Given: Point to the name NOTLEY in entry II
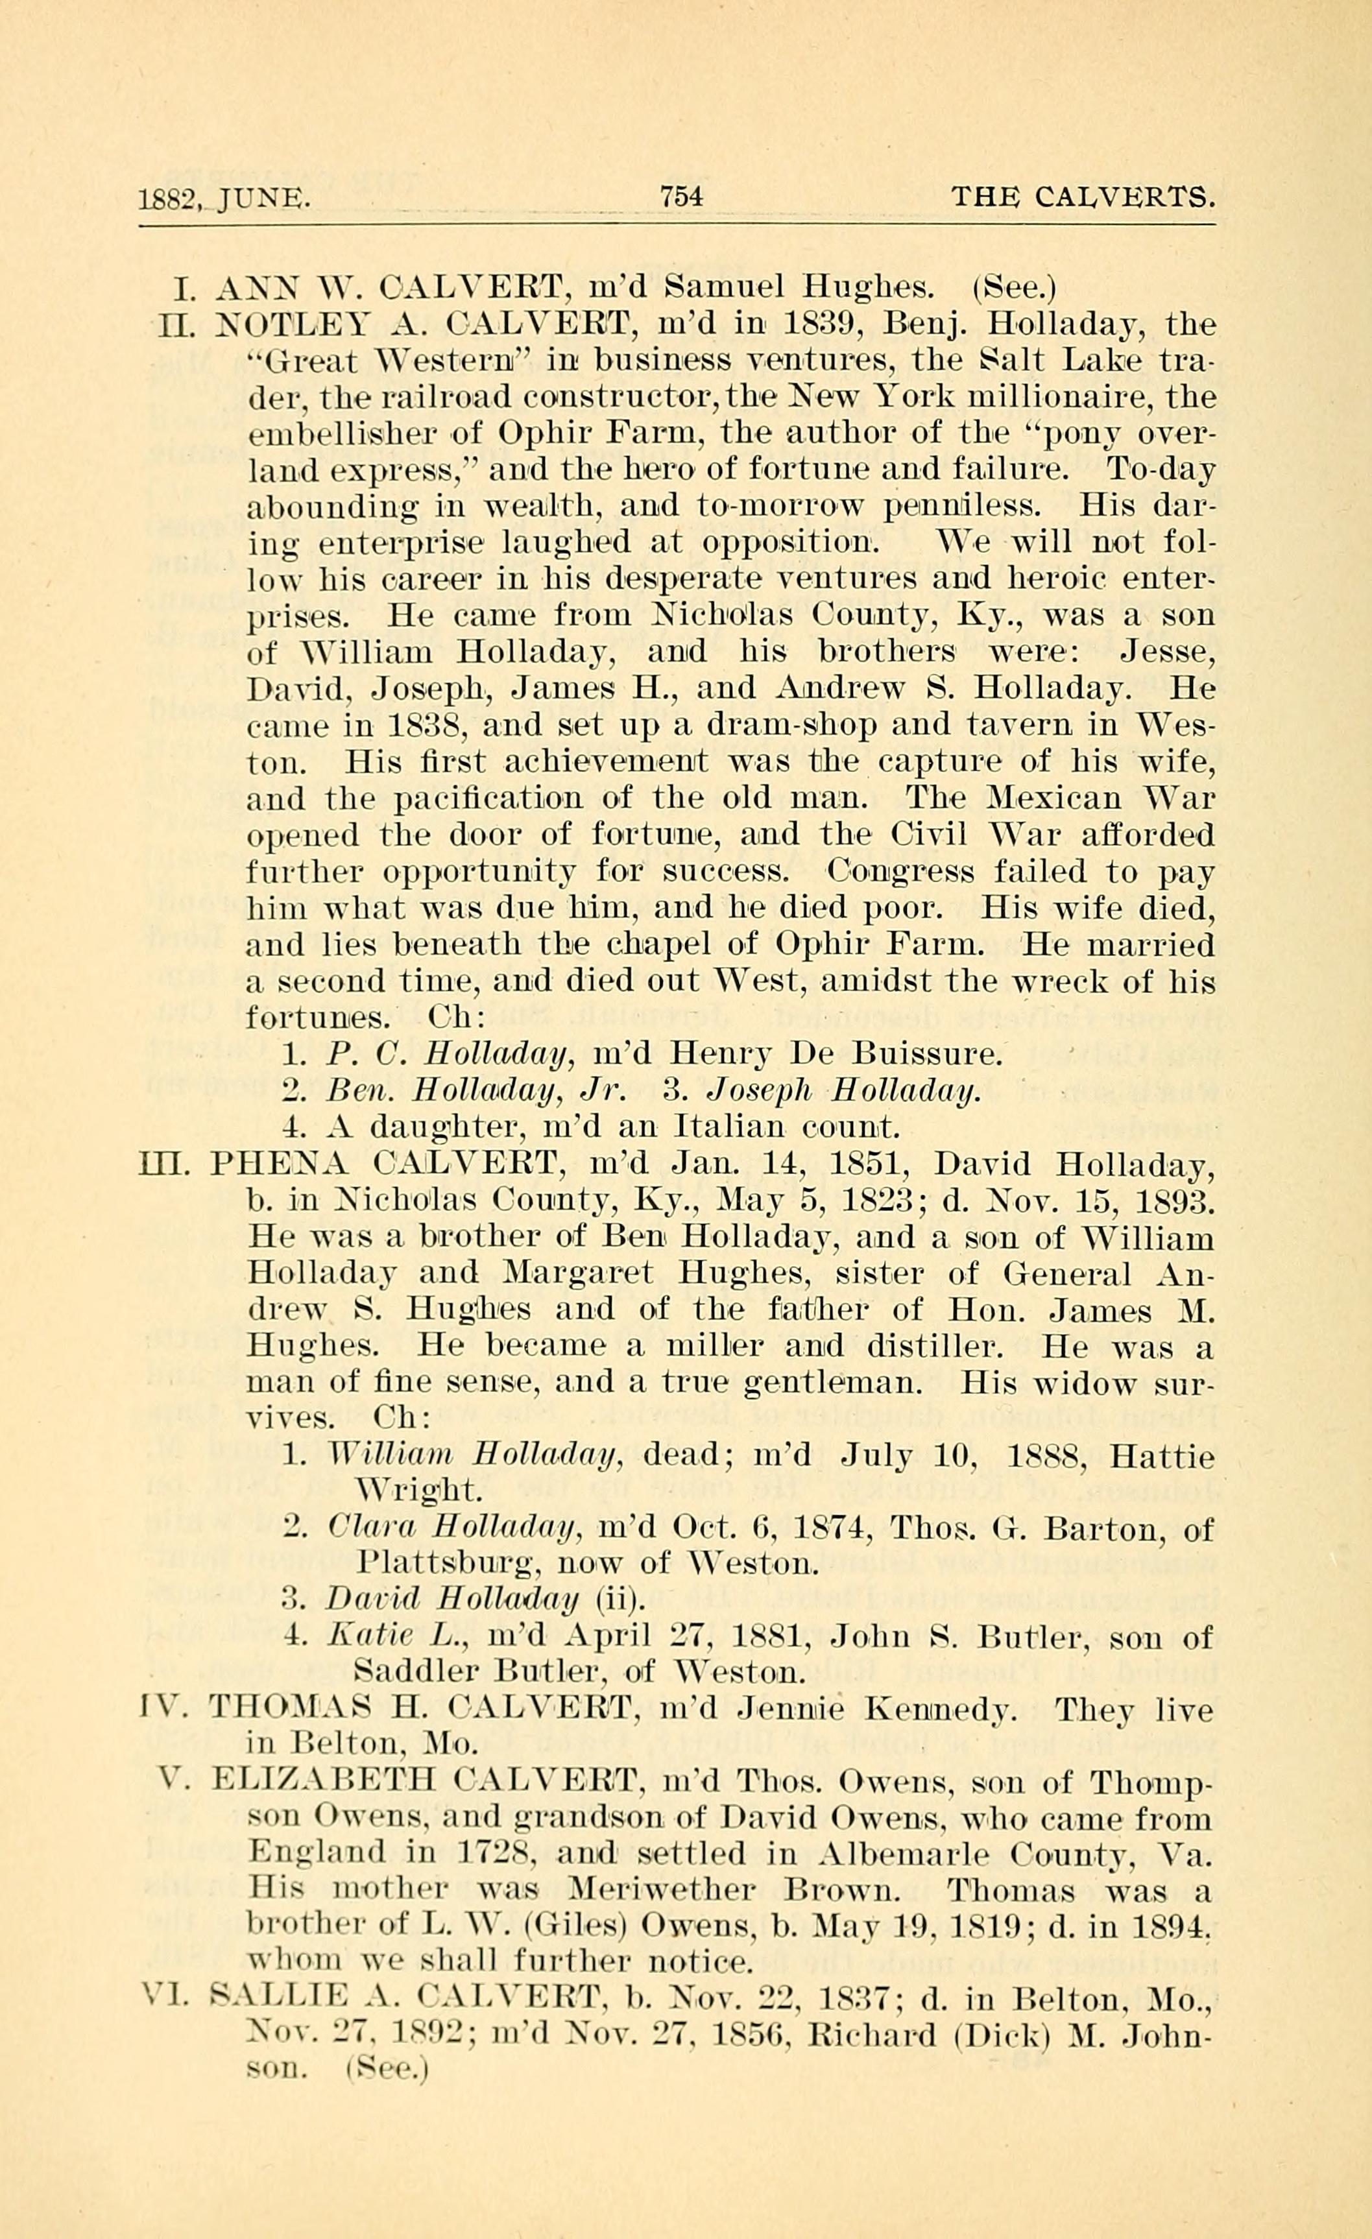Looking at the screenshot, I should [274, 324].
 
